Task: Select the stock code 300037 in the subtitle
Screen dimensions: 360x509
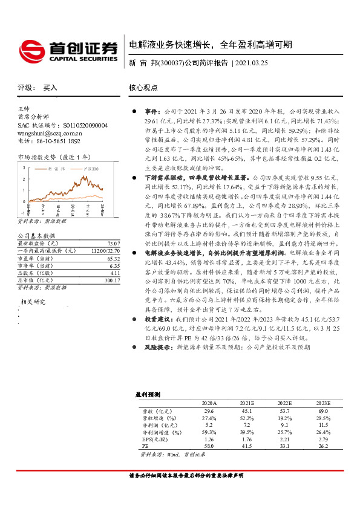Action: coord(171,63)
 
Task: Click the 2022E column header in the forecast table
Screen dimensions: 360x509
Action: coord(284,402)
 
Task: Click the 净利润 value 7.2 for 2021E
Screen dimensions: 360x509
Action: coord(247,423)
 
